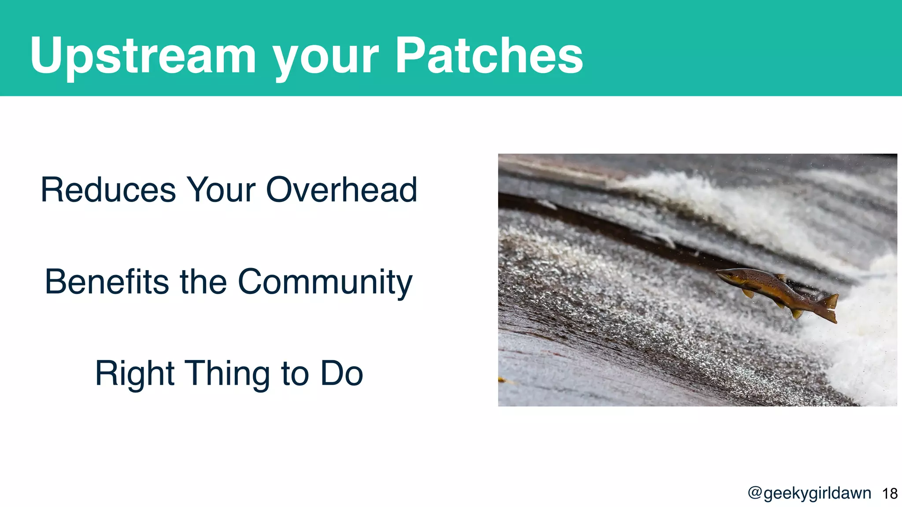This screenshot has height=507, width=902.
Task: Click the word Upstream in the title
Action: [143, 56]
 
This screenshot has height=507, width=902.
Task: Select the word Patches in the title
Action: [489, 55]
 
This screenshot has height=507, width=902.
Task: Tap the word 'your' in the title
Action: [325, 59]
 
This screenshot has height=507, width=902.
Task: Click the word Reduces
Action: [108, 190]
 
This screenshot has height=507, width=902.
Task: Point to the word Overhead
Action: [341, 190]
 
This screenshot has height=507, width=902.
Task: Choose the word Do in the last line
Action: [341, 374]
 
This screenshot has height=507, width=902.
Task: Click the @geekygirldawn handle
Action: [810, 493]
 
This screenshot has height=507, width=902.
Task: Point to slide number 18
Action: [890, 494]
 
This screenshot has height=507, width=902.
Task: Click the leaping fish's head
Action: [727, 276]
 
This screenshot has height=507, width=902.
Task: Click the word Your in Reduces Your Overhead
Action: [221, 190]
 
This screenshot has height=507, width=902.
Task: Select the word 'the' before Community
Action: [203, 282]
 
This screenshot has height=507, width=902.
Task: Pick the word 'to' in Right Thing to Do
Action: [294, 375]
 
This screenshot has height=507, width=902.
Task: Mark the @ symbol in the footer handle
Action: [755, 493]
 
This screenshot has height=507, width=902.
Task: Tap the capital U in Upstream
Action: [46, 55]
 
